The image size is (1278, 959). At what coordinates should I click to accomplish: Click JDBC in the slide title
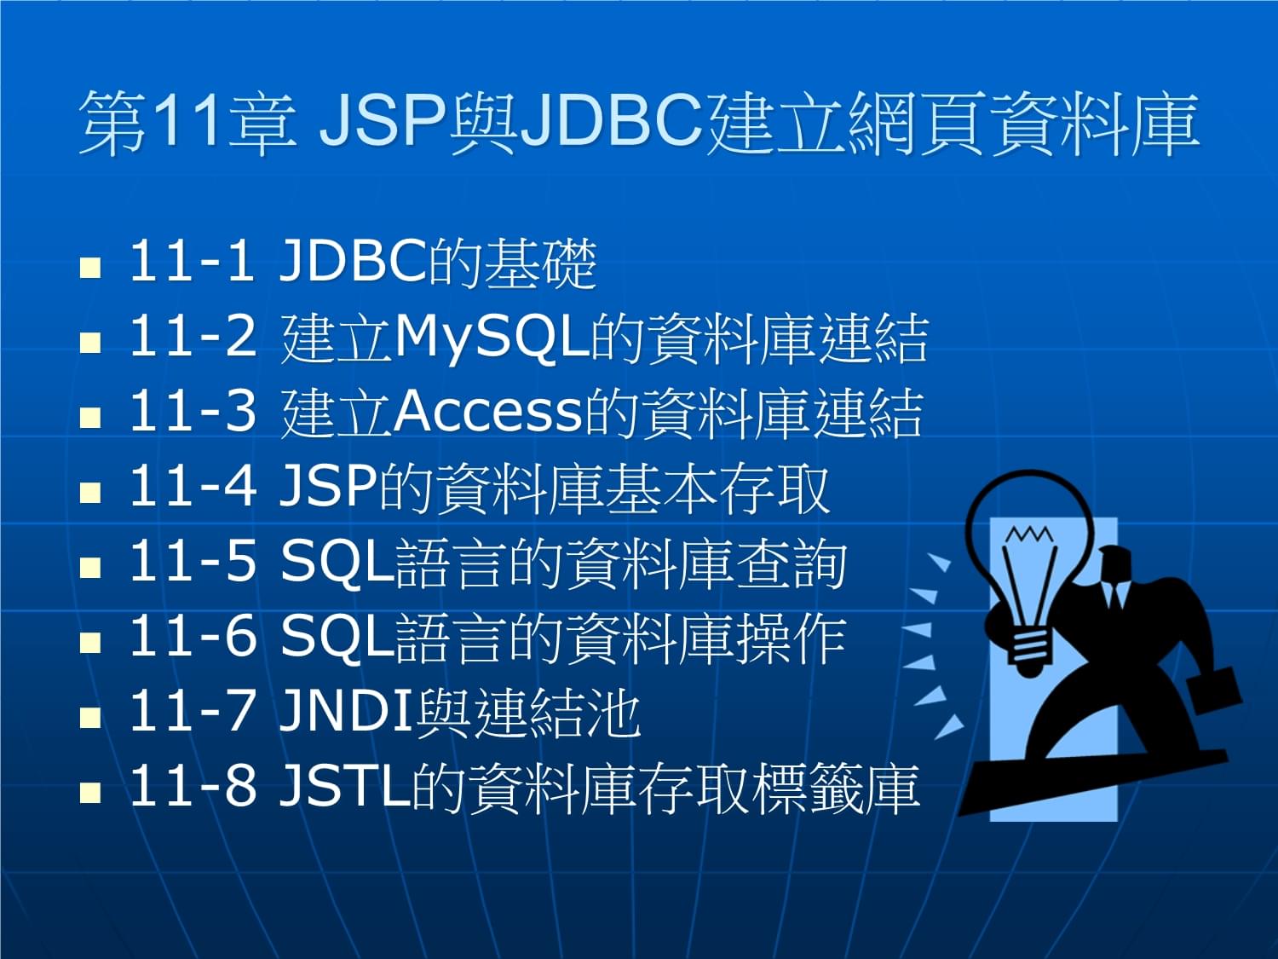coord(612,122)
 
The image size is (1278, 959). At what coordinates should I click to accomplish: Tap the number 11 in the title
coord(184,122)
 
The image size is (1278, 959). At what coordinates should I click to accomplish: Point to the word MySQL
coord(492,339)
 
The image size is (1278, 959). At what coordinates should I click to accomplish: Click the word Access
coord(488,413)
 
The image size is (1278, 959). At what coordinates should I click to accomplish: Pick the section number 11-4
coord(193,487)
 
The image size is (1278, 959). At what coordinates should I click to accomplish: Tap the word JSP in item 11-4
coord(328,487)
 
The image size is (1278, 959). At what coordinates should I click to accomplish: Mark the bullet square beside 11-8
coord(90,792)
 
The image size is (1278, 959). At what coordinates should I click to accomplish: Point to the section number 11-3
coord(193,413)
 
